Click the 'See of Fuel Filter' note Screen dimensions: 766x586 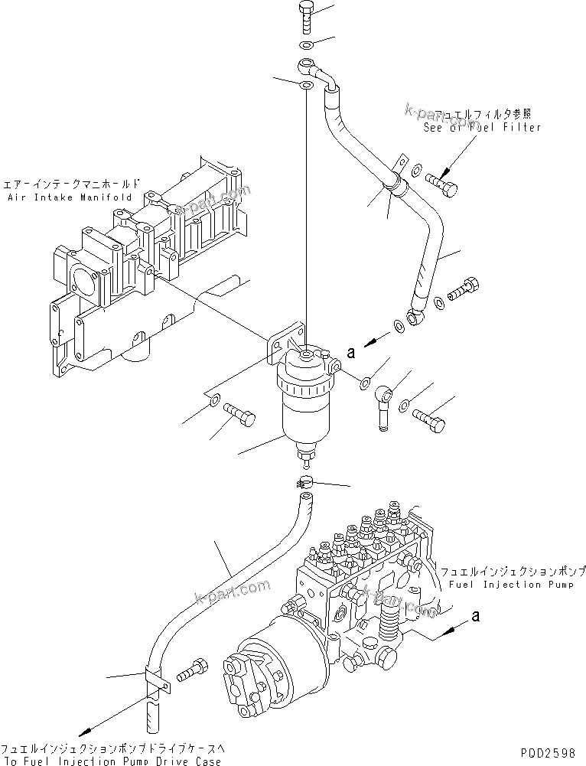pos(482,127)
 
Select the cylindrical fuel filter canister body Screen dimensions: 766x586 pos(302,413)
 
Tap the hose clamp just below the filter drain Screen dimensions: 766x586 pos(304,482)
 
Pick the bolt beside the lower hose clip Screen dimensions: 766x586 pos(192,670)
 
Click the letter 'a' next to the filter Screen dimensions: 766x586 pos(351,353)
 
